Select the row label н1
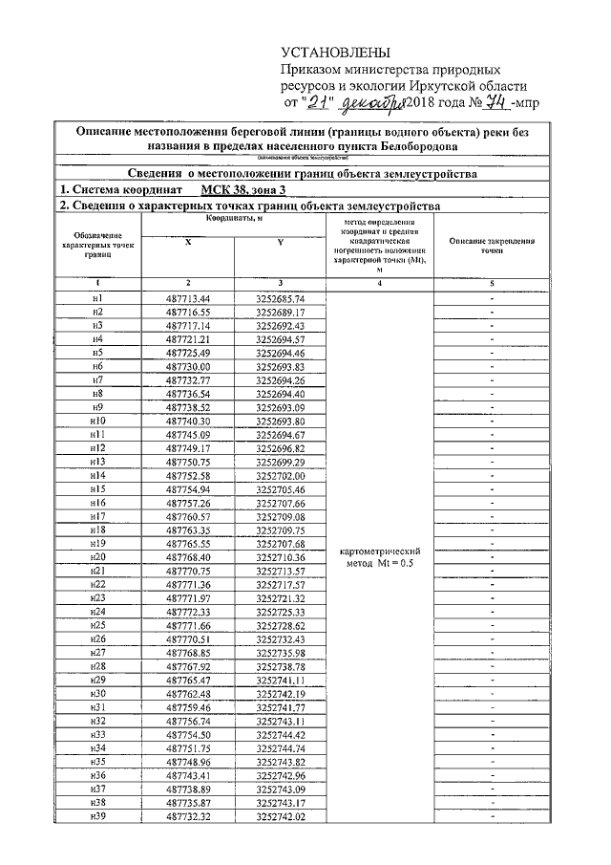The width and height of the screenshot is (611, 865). coord(97,298)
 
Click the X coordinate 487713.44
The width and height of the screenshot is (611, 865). coord(188,298)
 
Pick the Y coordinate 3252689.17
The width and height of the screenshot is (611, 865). coord(280,312)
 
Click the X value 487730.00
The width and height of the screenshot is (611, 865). coord(188,366)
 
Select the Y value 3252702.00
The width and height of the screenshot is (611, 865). coord(280,475)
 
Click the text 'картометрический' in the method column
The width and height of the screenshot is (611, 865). coord(381,551)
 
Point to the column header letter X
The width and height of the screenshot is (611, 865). coord(188,243)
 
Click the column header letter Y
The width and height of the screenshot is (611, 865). coord(280,243)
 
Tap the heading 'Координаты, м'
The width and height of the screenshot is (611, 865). coord(234,220)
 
